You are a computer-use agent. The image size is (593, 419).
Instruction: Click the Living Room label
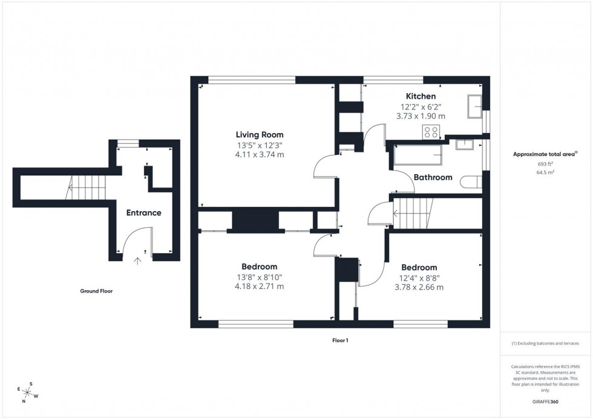pyautogui.click(x=260, y=134)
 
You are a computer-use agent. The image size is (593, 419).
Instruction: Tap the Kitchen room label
pyautogui.click(x=421, y=96)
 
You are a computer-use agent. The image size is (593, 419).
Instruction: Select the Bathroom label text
pyautogui.click(x=433, y=177)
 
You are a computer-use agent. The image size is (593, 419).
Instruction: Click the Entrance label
pyautogui.click(x=143, y=212)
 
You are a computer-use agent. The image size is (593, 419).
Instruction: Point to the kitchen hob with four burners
pyautogui.click(x=431, y=132)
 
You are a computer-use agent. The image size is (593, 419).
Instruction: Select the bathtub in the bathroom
pyautogui.click(x=418, y=155)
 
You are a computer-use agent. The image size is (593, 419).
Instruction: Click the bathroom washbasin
pyautogui.click(x=465, y=144)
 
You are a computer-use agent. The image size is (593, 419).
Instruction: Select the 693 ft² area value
pyautogui.click(x=546, y=164)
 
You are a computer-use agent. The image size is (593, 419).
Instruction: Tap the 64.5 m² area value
pyautogui.click(x=546, y=172)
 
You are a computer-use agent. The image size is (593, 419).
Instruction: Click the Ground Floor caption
pyautogui.click(x=97, y=291)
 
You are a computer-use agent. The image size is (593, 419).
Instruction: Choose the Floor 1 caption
pyautogui.click(x=340, y=340)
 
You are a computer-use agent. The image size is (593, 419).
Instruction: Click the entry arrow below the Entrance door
pyautogui.click(x=137, y=261)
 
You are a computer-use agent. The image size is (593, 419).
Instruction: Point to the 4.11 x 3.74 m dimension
pyautogui.click(x=260, y=155)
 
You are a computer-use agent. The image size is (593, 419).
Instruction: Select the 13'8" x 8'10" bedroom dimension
pyautogui.click(x=260, y=277)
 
